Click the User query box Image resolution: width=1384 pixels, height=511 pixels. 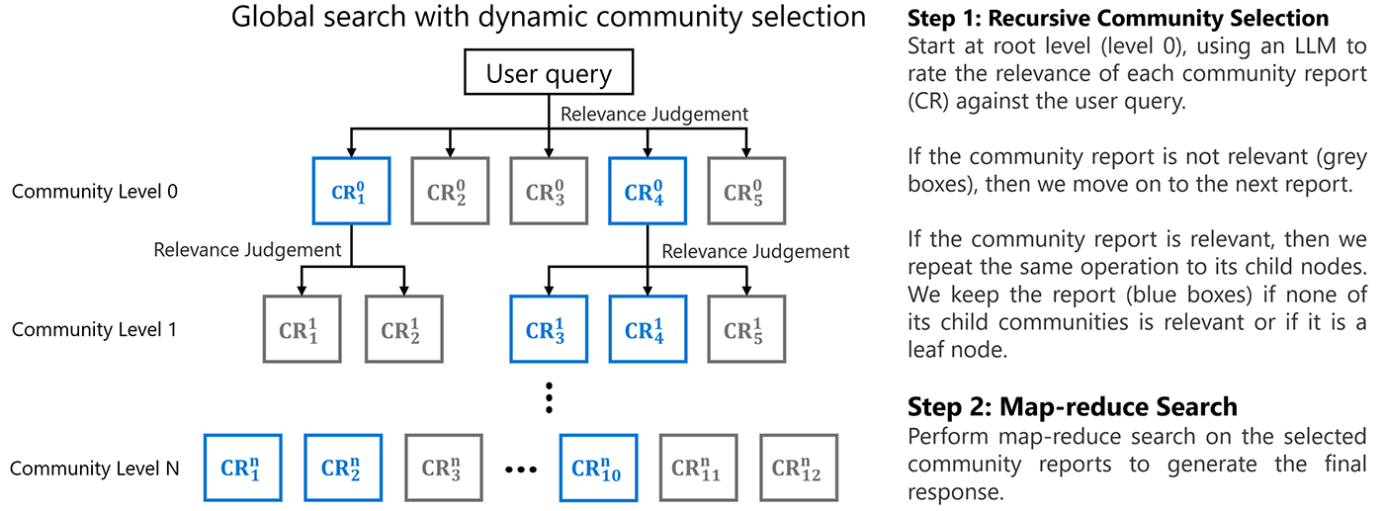tap(549, 74)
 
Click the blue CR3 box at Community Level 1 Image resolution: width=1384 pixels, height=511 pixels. tap(547, 330)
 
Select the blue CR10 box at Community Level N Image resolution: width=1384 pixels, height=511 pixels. tap(598, 468)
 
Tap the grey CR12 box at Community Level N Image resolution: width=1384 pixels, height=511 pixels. tap(798, 468)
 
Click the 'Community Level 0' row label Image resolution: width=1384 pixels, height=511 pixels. tap(95, 192)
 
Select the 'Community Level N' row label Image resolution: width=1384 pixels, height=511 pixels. tap(95, 468)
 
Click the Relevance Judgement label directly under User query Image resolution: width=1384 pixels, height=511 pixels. tap(653, 114)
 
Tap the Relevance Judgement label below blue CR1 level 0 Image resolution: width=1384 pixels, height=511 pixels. tap(247, 250)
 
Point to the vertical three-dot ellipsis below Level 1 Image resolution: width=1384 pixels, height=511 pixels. tap(549, 400)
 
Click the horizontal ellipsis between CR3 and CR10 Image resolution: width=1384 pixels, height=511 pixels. tap(520, 468)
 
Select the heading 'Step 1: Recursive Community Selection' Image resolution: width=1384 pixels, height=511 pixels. tap(1118, 19)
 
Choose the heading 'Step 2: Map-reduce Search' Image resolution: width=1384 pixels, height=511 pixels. tap(1072, 406)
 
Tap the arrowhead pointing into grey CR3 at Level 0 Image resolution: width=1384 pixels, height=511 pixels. tap(549, 151)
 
